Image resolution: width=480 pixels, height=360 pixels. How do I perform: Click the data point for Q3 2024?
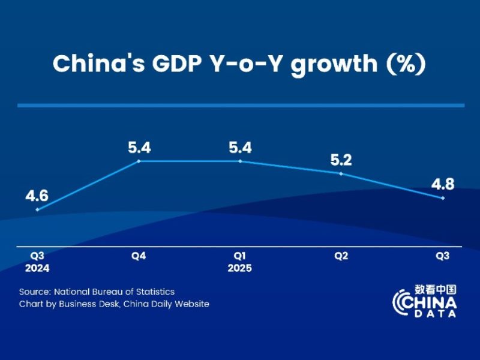37,209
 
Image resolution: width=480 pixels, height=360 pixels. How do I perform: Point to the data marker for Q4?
139,161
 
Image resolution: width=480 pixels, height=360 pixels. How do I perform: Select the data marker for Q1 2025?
240,161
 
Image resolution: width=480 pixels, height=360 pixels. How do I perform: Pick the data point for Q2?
341,174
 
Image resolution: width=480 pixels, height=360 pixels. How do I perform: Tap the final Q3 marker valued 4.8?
443,198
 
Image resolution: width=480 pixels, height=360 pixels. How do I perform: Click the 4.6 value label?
37,196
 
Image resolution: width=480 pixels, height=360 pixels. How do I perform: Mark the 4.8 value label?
443,184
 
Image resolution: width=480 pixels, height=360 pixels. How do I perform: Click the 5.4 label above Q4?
139,147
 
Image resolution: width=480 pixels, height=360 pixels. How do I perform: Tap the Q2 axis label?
341,256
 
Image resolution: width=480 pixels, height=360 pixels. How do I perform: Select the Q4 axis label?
139,256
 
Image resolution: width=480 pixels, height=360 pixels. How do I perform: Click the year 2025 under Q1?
240,268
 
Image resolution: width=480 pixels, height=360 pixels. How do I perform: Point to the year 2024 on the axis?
37,268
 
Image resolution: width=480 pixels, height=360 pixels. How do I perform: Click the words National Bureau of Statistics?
114,292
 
